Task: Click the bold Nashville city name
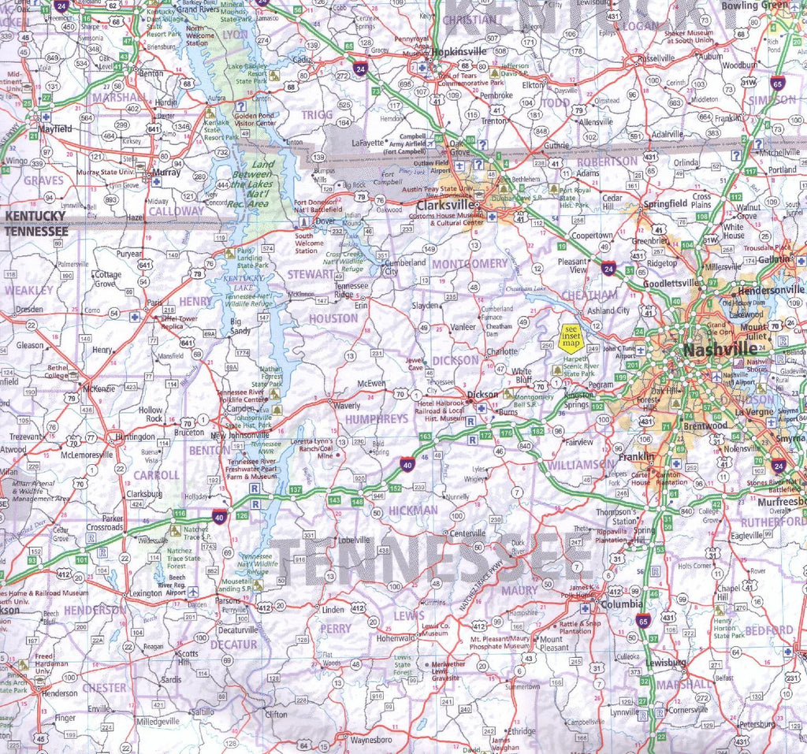pyautogui.click(x=709, y=350)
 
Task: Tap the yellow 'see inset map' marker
pyautogui.click(x=570, y=337)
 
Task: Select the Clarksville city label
pyautogui.click(x=443, y=204)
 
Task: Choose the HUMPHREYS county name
pyautogui.click(x=377, y=418)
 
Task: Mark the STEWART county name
pyautogui.click(x=311, y=274)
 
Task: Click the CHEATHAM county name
pyautogui.click(x=590, y=295)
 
